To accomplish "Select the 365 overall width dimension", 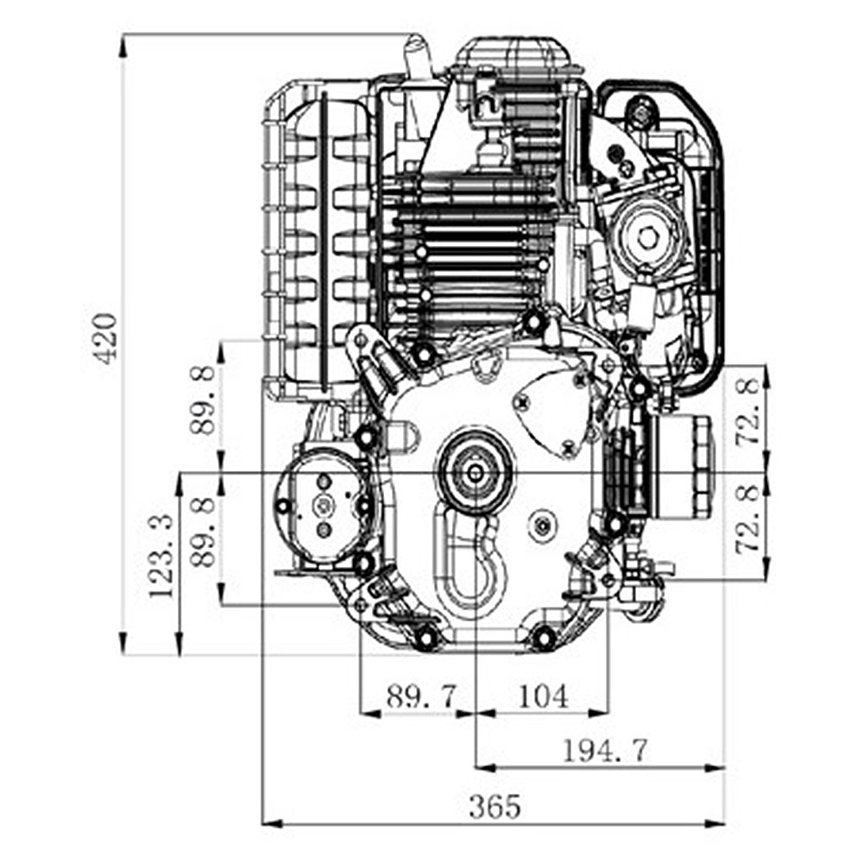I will pos(494,807).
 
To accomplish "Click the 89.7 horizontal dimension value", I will pos(420,696).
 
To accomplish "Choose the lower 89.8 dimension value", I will pos(205,533).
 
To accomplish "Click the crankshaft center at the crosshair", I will pos(476,473).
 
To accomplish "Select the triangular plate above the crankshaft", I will pos(488,368).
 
